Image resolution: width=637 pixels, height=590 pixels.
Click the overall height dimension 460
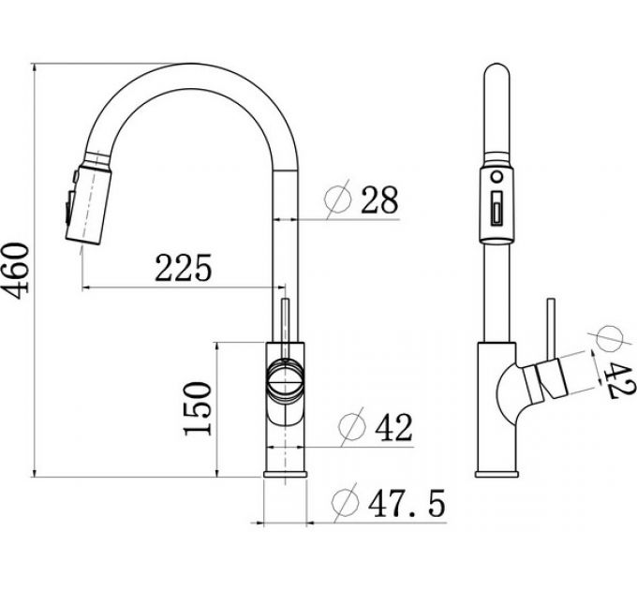click(x=18, y=269)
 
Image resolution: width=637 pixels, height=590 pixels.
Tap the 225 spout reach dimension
click(x=184, y=269)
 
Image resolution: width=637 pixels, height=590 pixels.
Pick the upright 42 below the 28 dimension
click(x=393, y=427)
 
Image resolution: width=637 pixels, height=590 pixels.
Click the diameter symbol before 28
click(x=338, y=199)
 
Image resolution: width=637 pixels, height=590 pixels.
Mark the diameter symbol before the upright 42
click(x=351, y=427)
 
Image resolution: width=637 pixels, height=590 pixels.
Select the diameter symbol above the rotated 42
click(x=610, y=335)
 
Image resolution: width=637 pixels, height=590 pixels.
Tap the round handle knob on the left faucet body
click(x=284, y=379)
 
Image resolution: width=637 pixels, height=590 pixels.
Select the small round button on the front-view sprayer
click(x=496, y=174)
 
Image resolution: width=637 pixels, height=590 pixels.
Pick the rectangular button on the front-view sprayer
click(x=496, y=205)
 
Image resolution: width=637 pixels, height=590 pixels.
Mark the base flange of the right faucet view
click(x=496, y=473)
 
